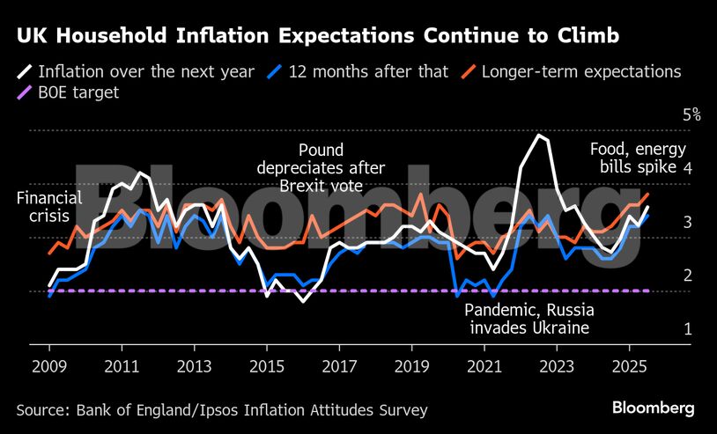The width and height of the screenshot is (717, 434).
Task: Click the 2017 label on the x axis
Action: coord(339,364)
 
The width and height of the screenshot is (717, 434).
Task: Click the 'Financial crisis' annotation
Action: coord(48,208)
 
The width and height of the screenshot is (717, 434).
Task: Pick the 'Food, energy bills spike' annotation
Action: coord(637,158)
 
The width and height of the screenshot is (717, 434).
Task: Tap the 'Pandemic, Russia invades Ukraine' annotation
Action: coord(529,320)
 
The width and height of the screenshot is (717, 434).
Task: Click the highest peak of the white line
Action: coord(539,136)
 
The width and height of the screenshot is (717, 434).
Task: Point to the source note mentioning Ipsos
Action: coord(221,409)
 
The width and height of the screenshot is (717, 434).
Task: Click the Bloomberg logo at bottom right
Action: coord(653,408)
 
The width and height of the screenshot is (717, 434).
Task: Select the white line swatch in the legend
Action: coord(26,71)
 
